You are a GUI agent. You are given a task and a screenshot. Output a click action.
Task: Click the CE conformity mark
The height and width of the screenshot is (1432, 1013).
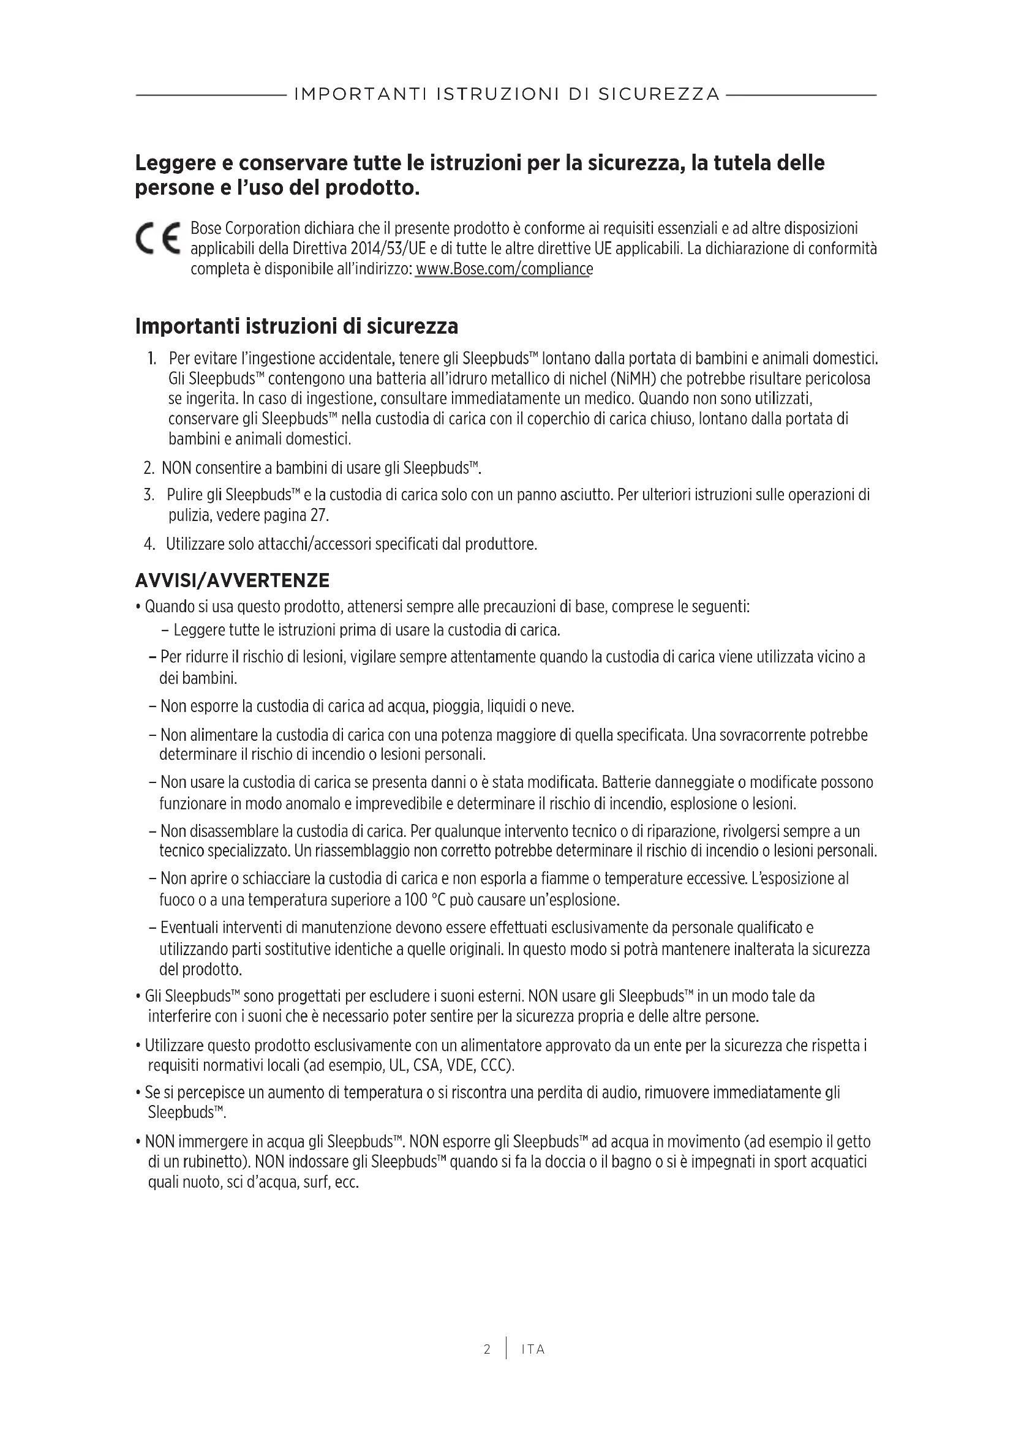[157, 238]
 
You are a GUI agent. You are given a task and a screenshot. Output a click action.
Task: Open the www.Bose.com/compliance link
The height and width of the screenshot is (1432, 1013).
[504, 269]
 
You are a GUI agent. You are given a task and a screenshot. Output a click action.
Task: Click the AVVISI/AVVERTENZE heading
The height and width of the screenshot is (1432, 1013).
[232, 580]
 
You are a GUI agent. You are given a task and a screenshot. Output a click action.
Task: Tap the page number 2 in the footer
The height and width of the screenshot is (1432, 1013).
[486, 1350]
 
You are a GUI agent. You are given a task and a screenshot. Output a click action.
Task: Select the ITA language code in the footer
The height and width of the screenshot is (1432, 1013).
[533, 1350]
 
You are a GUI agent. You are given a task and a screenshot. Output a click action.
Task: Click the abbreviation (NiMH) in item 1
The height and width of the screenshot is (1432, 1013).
[633, 378]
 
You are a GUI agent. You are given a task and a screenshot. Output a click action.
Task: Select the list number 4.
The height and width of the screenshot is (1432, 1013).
[149, 544]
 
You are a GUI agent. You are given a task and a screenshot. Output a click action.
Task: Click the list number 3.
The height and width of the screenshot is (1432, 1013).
[148, 495]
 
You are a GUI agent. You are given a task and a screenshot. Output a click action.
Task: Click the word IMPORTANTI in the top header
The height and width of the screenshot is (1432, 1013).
[360, 94]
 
